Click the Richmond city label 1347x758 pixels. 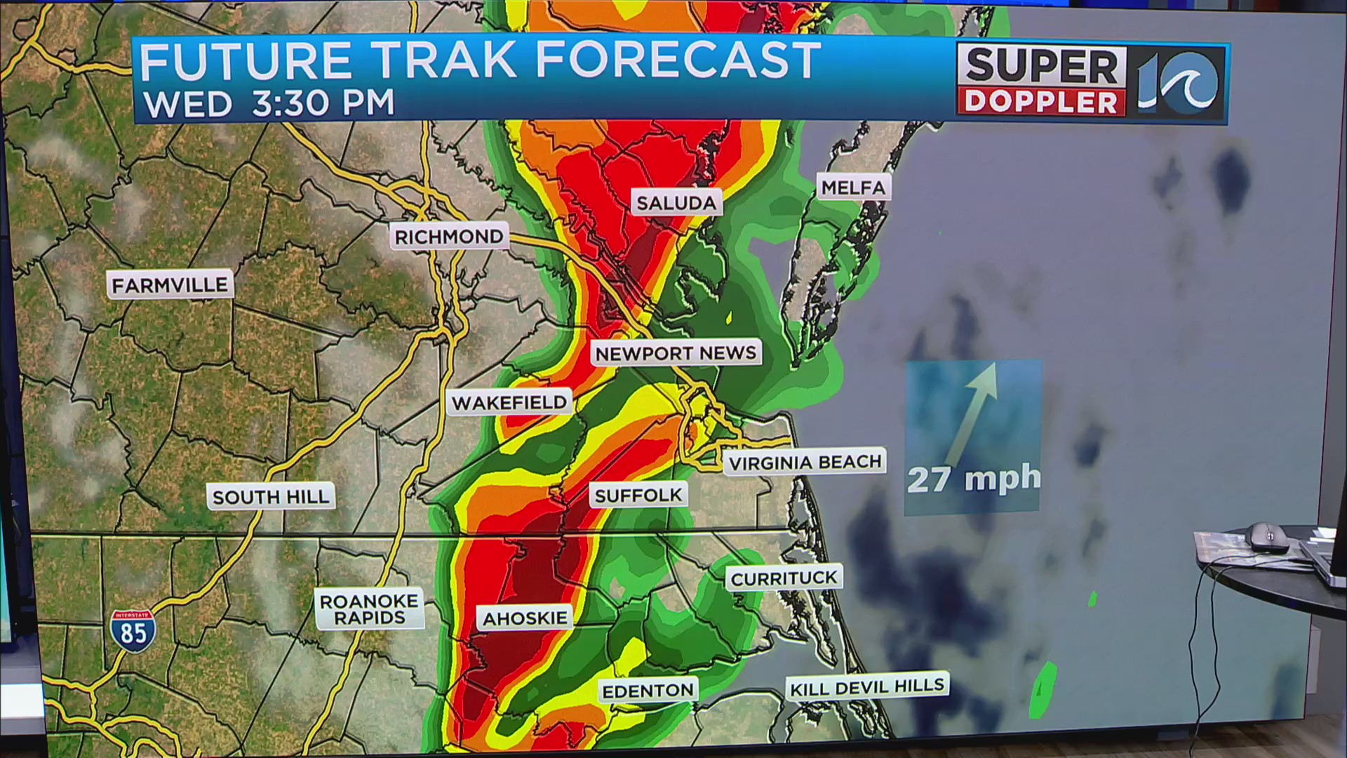pyautogui.click(x=449, y=237)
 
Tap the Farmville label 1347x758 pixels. pyautogui.click(x=170, y=285)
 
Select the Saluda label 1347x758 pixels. pyautogui.click(x=676, y=204)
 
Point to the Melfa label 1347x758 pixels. pyautogui.click(x=853, y=187)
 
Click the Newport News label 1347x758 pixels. pyautogui.click(x=676, y=353)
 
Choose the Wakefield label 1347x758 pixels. pyautogui.click(x=509, y=403)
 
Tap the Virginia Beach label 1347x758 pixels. pyautogui.click(x=805, y=463)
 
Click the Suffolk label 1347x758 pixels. pyautogui.click(x=638, y=496)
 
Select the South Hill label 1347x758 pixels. pyautogui.click(x=271, y=497)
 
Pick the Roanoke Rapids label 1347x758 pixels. pyautogui.click(x=369, y=609)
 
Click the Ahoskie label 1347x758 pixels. pyautogui.click(x=525, y=618)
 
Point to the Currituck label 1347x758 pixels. pyautogui.click(x=784, y=578)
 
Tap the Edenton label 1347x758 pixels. pyautogui.click(x=648, y=691)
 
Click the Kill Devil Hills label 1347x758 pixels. pyautogui.click(x=867, y=687)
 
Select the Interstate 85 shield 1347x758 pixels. pyautogui.click(x=133, y=631)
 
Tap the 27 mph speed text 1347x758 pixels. pyautogui.click(x=974, y=479)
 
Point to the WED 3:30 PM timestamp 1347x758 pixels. pyautogui.click(x=269, y=104)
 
